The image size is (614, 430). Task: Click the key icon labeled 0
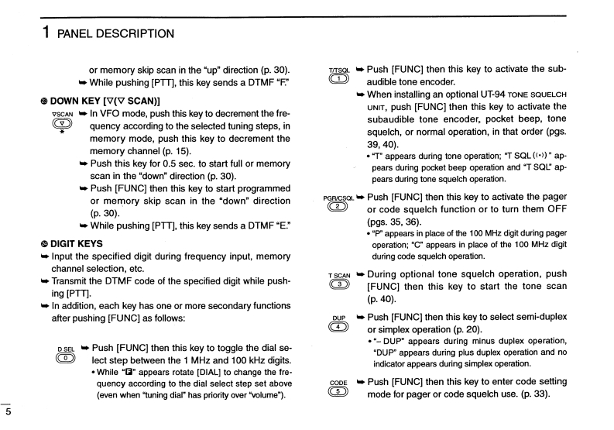pos(66,359)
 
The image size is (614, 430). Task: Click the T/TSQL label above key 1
pos(338,69)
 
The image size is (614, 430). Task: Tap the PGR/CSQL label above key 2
pos(338,198)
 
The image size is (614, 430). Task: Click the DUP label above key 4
pos(338,318)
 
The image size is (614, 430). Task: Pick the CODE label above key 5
pos(338,383)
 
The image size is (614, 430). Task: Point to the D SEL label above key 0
pos(66,349)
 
